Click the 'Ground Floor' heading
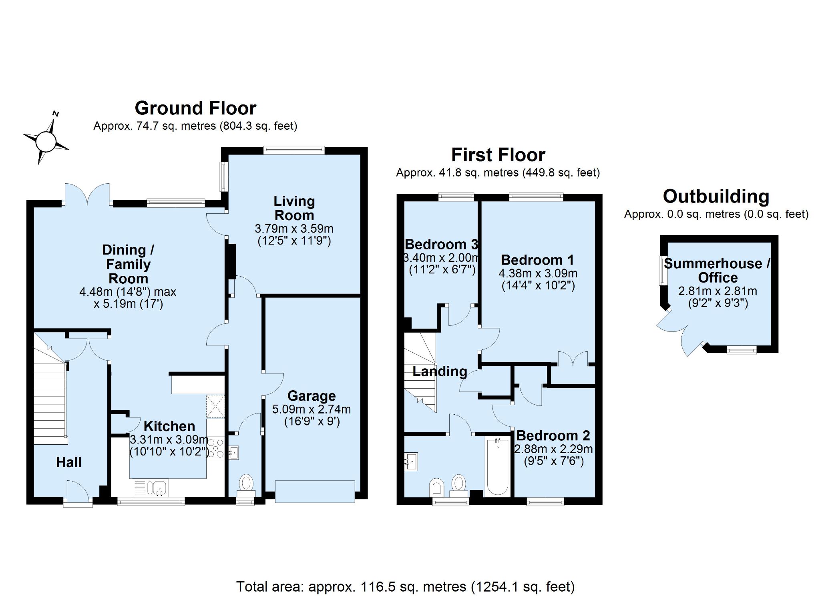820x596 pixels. click(x=195, y=108)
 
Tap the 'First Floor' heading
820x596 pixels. click(x=498, y=155)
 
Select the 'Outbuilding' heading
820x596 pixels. click(x=716, y=197)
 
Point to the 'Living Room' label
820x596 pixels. click(x=294, y=208)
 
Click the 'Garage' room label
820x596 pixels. click(x=312, y=396)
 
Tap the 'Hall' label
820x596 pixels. click(x=69, y=462)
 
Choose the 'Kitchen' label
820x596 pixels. click(x=169, y=426)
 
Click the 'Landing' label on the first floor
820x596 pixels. click(x=440, y=371)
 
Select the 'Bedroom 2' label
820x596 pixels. click(x=553, y=435)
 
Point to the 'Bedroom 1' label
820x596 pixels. click(x=537, y=260)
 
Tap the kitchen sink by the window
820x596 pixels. click(x=151, y=488)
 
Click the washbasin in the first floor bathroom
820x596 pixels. click(x=411, y=462)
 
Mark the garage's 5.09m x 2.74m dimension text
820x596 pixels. click(x=312, y=409)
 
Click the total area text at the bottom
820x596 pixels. click(x=406, y=586)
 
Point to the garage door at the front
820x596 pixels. click(x=315, y=491)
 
